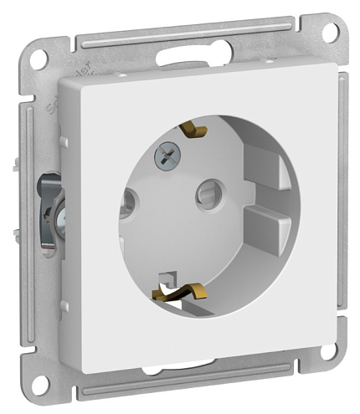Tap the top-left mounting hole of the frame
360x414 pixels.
[x=37, y=60]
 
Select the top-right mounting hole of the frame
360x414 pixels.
[x=330, y=31]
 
